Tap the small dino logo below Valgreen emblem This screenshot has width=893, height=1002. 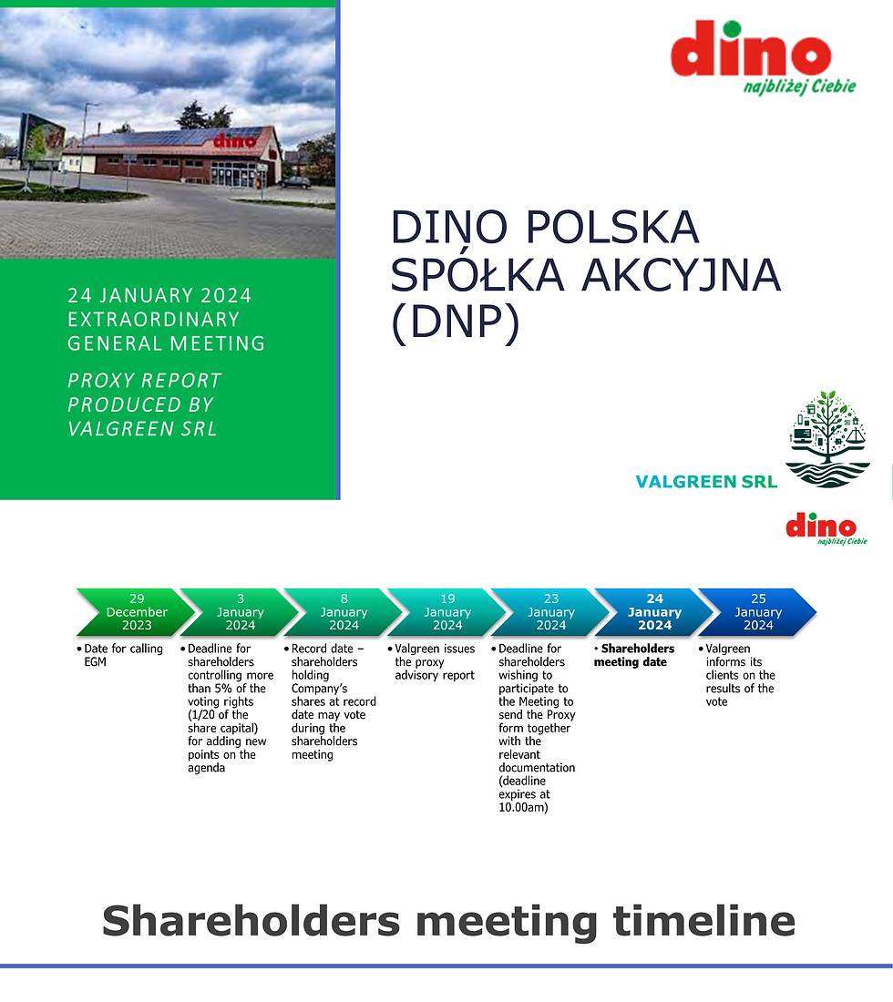[x=822, y=527]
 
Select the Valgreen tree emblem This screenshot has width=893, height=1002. [x=827, y=439]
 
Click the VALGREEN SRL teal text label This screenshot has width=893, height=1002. [x=706, y=482]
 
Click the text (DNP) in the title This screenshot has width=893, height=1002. [x=455, y=323]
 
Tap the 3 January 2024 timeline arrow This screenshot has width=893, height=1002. [x=240, y=612]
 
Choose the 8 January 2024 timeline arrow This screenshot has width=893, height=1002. [x=344, y=612]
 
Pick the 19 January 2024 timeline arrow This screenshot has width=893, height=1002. [x=446, y=612]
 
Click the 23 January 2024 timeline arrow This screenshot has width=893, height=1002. [x=550, y=612]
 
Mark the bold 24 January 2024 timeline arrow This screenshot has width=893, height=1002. [x=654, y=612]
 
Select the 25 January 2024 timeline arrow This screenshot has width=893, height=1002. [x=758, y=612]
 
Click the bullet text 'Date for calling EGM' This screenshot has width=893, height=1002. [x=123, y=655]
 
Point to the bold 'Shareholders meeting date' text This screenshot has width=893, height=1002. [x=635, y=655]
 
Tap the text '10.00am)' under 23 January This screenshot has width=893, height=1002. [x=523, y=807]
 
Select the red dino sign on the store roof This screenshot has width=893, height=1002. [x=235, y=141]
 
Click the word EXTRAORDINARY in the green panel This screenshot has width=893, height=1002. [x=154, y=320]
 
